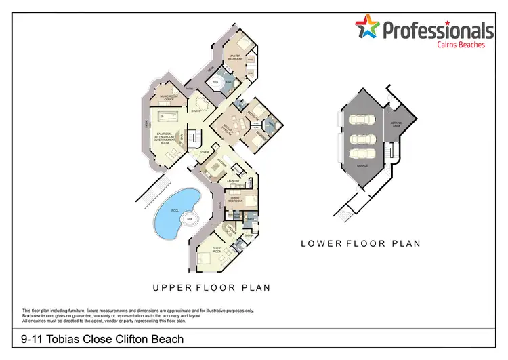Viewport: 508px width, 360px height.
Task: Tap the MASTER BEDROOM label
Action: click(x=236, y=57)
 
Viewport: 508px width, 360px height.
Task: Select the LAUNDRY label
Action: click(x=234, y=180)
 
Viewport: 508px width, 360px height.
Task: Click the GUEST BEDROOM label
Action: click(x=234, y=200)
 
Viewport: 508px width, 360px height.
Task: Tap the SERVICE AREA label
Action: click(x=397, y=124)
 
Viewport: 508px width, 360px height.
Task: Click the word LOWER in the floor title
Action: click(x=321, y=243)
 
